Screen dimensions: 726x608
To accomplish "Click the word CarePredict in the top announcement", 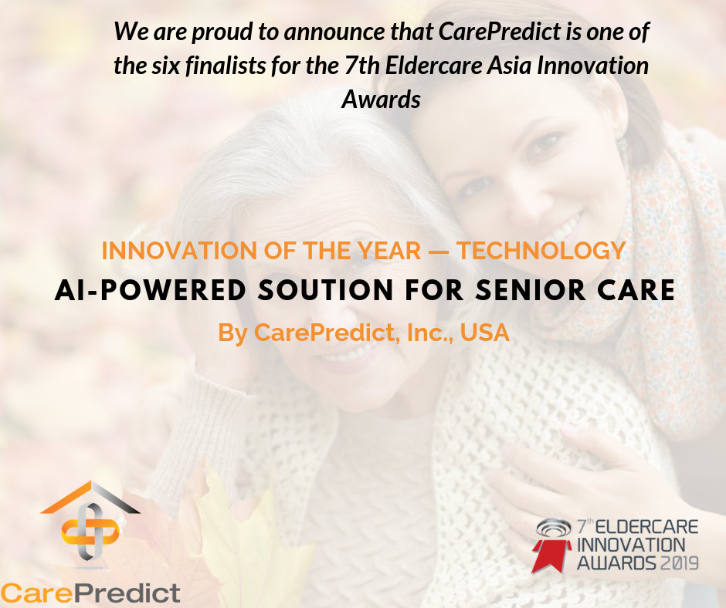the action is pyautogui.click(x=500, y=32).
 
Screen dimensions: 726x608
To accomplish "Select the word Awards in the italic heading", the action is pyautogui.click(x=381, y=100).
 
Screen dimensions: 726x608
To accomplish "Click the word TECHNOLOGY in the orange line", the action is pyautogui.click(x=541, y=251).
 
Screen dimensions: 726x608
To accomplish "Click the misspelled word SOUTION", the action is pyautogui.click(x=325, y=291).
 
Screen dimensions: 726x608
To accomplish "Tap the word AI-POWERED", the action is pyautogui.click(x=151, y=291).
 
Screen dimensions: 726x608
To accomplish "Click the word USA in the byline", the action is pyautogui.click(x=485, y=333).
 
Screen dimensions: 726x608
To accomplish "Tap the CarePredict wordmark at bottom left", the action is pyautogui.click(x=90, y=593).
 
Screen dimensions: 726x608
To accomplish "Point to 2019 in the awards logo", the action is pyautogui.click(x=679, y=563).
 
